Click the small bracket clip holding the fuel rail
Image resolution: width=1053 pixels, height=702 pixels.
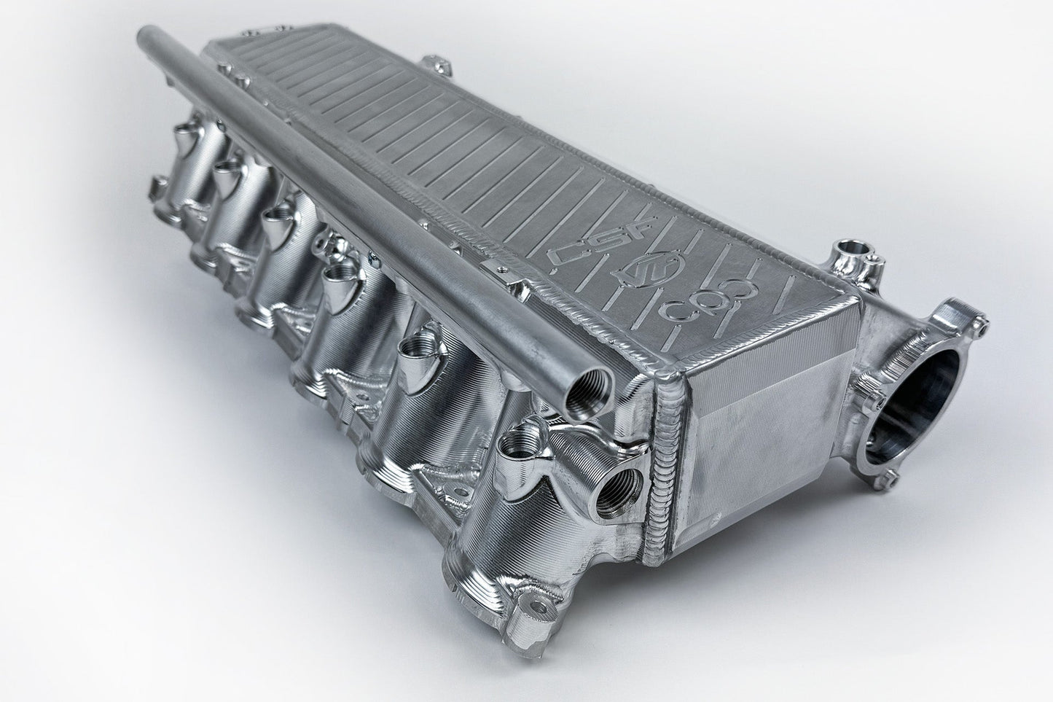(x=503, y=271)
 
